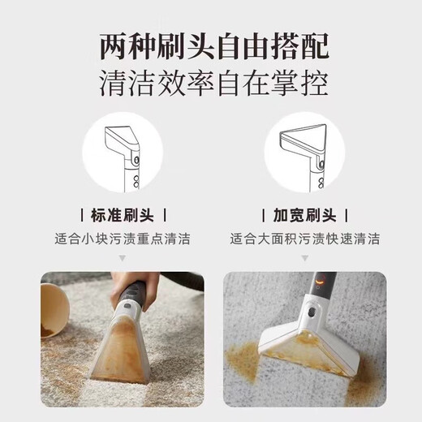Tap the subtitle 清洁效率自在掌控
(211, 84)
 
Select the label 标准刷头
(122, 215)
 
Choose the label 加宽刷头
(304, 215)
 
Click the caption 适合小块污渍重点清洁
(122, 239)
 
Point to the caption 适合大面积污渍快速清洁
(304, 239)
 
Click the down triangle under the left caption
(122, 257)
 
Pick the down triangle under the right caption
(304, 257)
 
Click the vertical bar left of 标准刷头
(82, 215)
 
